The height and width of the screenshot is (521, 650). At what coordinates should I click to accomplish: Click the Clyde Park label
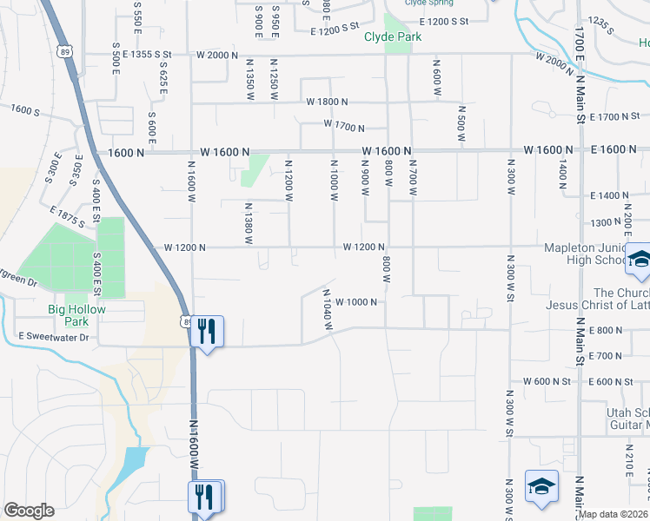tap(393, 36)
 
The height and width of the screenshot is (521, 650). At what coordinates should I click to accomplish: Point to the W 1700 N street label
tap(343, 125)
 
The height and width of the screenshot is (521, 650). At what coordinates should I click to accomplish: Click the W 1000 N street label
tap(354, 302)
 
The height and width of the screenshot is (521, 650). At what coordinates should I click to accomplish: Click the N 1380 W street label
tap(248, 222)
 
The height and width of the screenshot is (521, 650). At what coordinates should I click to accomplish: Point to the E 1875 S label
tap(67, 217)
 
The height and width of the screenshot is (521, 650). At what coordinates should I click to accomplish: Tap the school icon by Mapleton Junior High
tap(640, 260)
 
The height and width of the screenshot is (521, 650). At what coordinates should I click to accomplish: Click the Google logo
tap(29, 510)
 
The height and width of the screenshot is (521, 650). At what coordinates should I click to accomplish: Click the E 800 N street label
tap(607, 330)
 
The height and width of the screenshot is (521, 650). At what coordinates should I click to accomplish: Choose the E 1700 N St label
tap(614, 116)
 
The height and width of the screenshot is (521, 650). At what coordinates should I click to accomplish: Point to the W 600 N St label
tap(547, 381)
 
